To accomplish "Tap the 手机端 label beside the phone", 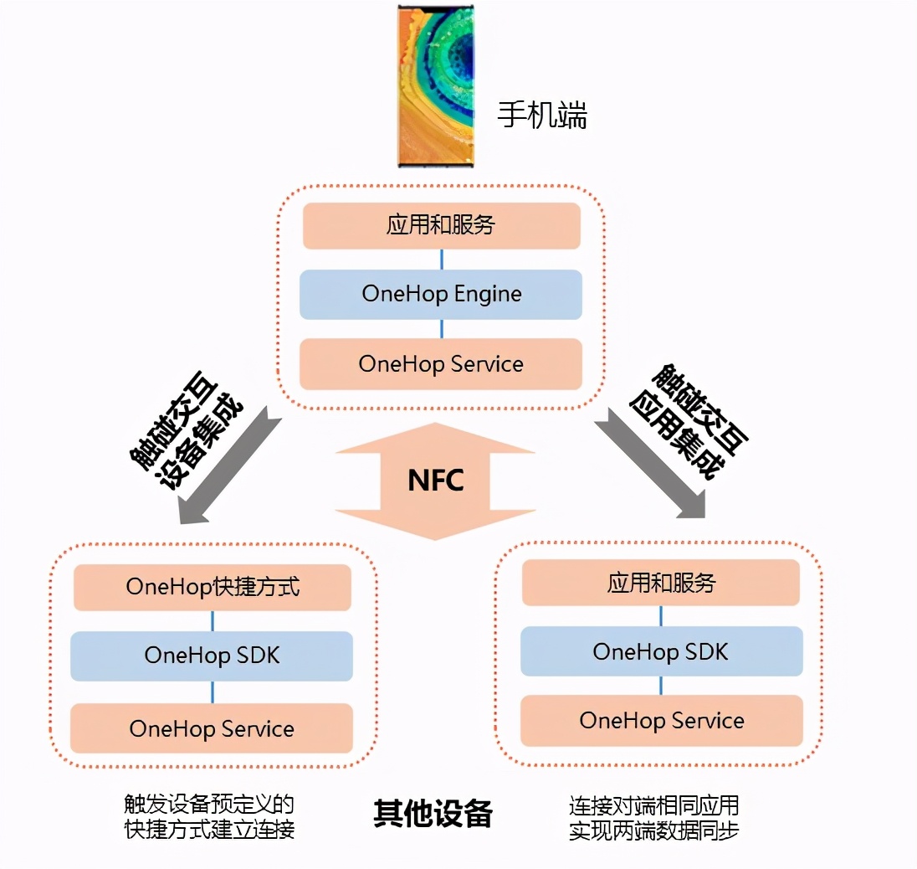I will click(x=542, y=115).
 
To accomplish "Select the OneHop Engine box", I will click(x=441, y=294).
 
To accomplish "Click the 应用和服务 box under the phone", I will click(x=441, y=225).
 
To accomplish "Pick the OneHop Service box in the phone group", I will click(x=441, y=364).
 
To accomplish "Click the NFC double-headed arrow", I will click(x=435, y=481).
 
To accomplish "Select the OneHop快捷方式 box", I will click(x=213, y=587).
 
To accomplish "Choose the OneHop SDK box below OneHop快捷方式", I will click(x=212, y=656).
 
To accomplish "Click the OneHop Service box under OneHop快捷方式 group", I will click(x=212, y=728).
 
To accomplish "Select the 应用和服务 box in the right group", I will click(x=661, y=583).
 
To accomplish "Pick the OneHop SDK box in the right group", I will click(x=661, y=651).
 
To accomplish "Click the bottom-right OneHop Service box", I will click(x=661, y=721).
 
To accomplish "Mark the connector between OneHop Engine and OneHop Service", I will click(x=442, y=329).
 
